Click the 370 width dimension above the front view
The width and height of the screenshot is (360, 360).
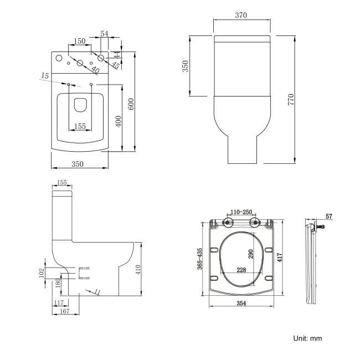pyautogui.click(x=240, y=16)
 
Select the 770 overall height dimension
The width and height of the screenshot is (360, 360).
pyautogui.click(x=290, y=100)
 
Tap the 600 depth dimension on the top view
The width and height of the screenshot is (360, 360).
pyautogui.click(x=131, y=103)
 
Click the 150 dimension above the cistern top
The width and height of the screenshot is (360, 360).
pyautogui.click(x=80, y=42)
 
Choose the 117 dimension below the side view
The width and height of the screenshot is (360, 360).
pyautogui.click(x=59, y=302)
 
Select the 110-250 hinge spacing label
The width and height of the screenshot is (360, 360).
pyautogui.click(x=241, y=212)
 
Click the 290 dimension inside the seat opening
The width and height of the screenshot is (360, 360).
pyautogui.click(x=251, y=254)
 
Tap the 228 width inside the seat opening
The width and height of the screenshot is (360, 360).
pyautogui.click(x=241, y=270)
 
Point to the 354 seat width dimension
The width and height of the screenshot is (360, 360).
pyautogui.click(x=241, y=304)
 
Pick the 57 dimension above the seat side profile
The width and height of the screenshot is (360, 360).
pyautogui.click(x=328, y=215)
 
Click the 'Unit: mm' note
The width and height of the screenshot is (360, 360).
pyautogui.click(x=307, y=338)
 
